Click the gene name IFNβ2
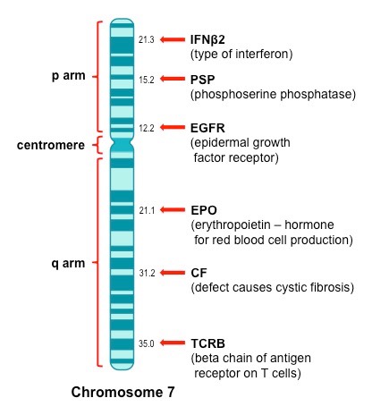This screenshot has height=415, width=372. (x=207, y=39)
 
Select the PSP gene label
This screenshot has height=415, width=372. (x=203, y=80)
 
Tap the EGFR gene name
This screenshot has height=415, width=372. (x=207, y=128)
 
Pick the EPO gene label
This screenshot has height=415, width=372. (x=204, y=210)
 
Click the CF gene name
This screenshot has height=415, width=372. (x=199, y=273)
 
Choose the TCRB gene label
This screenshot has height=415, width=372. (x=208, y=343)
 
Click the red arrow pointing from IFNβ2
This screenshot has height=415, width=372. (x=173, y=39)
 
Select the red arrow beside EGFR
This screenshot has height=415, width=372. (x=173, y=127)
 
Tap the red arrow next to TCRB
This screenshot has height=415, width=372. (x=173, y=343)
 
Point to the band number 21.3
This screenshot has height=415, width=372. (x=147, y=39)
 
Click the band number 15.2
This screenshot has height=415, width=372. (x=147, y=80)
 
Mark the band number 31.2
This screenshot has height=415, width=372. (x=147, y=273)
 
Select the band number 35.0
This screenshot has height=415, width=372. (x=147, y=343)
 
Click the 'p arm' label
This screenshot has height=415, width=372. (x=69, y=76)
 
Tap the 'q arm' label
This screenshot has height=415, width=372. (x=68, y=264)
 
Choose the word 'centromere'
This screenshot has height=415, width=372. (x=51, y=145)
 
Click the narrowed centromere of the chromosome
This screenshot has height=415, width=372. (x=122, y=145)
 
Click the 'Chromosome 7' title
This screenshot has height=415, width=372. (x=123, y=392)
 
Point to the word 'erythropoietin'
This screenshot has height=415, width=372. (x=232, y=225)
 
